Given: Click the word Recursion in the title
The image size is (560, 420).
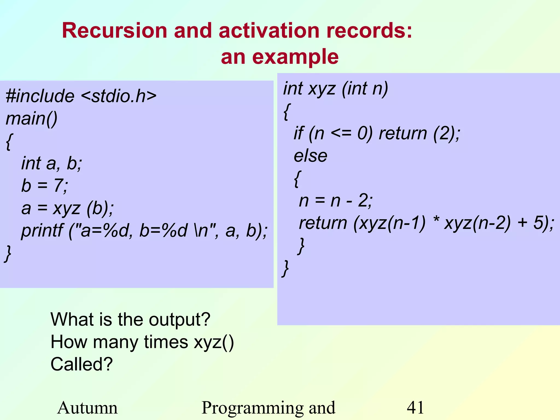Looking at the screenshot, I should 114,31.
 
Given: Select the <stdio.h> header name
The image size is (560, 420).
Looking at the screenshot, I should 119,96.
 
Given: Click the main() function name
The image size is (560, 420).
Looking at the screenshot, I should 31,119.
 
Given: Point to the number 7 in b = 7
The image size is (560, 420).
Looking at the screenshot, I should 59,186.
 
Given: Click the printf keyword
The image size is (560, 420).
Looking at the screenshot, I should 42,231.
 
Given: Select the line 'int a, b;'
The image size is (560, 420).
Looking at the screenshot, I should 52,163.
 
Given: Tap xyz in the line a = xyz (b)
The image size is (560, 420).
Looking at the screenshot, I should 66,208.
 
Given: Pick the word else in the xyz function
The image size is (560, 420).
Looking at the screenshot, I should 310,156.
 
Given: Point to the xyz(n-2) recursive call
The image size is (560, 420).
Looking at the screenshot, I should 477,223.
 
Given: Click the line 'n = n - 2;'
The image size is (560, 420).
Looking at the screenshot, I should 336,201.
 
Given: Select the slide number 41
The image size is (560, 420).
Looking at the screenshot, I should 415,408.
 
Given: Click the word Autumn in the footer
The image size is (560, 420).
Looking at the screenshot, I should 87,408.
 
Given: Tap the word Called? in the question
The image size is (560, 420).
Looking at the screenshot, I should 81,364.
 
